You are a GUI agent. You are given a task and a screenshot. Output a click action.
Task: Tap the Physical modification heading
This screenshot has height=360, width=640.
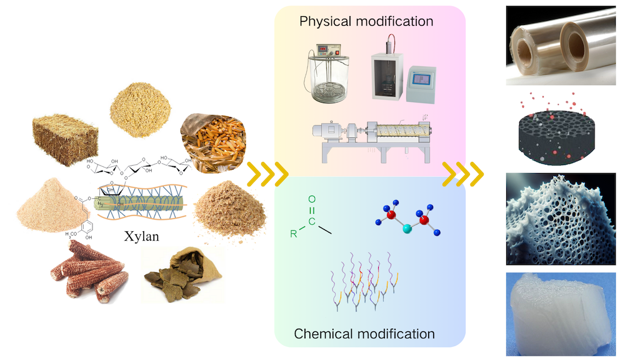pos(366,21)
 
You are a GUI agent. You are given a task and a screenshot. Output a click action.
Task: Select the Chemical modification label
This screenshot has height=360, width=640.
pos(364,334)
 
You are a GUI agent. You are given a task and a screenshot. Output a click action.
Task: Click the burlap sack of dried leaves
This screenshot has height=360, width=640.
pos(177,276)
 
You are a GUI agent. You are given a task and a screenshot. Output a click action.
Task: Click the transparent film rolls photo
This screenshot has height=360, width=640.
pos(561,45)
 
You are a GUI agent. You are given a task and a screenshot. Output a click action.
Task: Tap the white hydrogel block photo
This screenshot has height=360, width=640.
pos(560,312)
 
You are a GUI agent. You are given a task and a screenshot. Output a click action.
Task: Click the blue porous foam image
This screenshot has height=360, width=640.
pos(560,219)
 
